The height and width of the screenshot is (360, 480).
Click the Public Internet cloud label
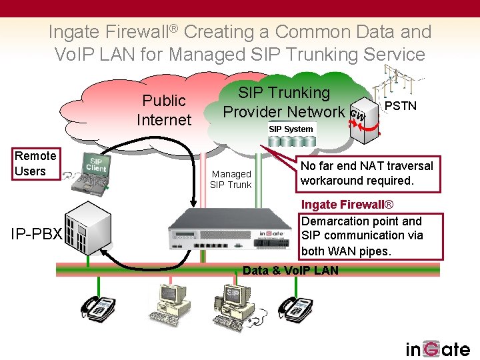(163, 110)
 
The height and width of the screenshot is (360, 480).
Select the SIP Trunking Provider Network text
(284, 102)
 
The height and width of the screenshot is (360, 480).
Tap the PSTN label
(401, 106)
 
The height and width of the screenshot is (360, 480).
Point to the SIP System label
(291, 129)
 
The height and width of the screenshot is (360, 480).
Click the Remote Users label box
(35, 164)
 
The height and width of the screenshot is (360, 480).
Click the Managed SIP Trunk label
(231, 179)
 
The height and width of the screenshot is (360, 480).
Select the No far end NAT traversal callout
(366, 173)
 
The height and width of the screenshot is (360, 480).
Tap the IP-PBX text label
(36, 235)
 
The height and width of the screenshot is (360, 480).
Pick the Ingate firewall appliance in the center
(233, 225)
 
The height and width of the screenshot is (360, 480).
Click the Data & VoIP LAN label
(291, 270)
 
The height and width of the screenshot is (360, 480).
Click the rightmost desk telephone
(295, 307)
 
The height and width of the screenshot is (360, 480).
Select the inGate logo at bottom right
(438, 349)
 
